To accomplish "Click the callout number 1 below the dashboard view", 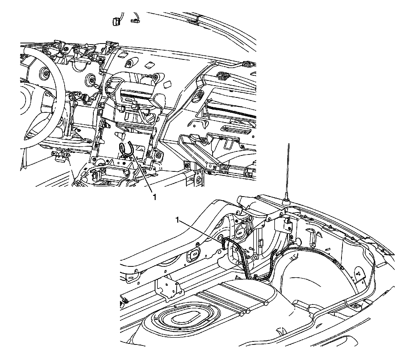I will coord(154,197).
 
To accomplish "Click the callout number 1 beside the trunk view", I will coord(177,220).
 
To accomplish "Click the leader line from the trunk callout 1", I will coord(200,230).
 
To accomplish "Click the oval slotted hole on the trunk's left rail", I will coord(194,254).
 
